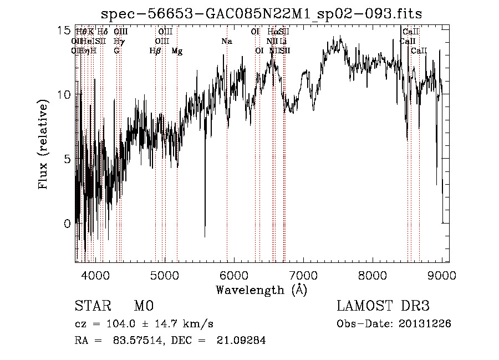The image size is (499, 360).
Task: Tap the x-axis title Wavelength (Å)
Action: pos(261,290)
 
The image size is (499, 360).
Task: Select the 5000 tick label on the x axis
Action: pos(164,275)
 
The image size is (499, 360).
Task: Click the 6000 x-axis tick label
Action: pos(234,275)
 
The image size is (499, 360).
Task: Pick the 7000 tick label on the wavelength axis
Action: pos(303,275)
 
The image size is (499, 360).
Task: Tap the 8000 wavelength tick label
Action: pos(373,275)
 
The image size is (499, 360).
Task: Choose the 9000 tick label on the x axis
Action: pos(442,275)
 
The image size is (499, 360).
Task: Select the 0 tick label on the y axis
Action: pos(67,224)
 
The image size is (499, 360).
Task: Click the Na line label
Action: pos(226,41)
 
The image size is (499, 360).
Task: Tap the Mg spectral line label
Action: pos(177,51)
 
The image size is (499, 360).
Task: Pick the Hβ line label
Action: pos(155,51)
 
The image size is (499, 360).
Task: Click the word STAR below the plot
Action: pos(93,306)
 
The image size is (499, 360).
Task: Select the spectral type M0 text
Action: pos(143,306)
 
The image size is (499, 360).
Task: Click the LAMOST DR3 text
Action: pos(383,306)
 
